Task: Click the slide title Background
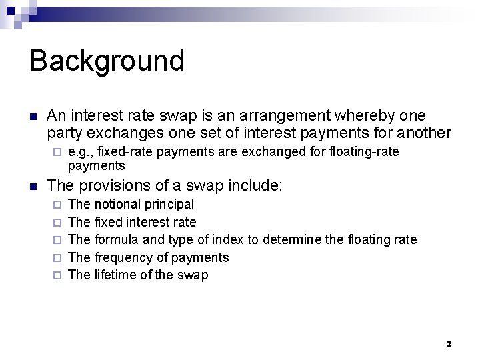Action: click(x=107, y=61)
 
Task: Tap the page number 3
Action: click(x=449, y=344)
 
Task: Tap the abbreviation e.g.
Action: click(x=81, y=152)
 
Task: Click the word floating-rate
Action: click(x=364, y=152)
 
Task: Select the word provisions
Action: click(x=115, y=184)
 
